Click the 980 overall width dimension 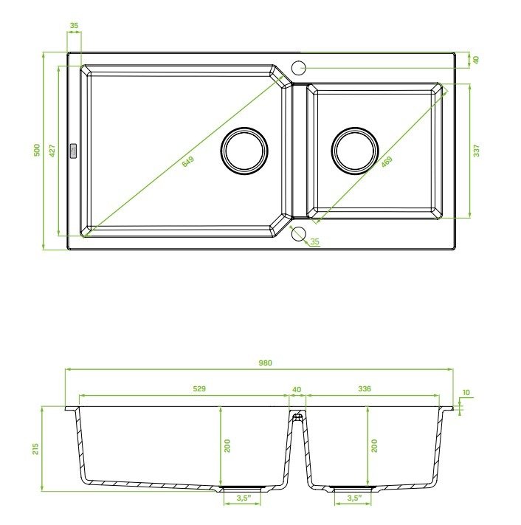(x=266, y=363)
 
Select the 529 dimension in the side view (x=199, y=388)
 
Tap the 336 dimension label (x=365, y=388)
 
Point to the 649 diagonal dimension (x=188, y=162)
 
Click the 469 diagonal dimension (x=387, y=162)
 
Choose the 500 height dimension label (x=37, y=150)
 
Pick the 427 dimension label (x=52, y=151)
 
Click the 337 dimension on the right (x=477, y=151)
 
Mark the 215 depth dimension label (x=35, y=449)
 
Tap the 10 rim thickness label (x=466, y=392)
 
